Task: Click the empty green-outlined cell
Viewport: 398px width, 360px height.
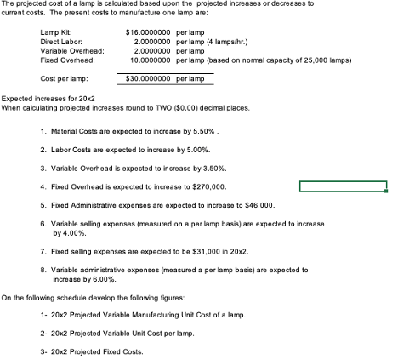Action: tap(343, 186)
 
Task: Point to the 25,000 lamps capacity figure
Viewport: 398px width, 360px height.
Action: tap(317, 59)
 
